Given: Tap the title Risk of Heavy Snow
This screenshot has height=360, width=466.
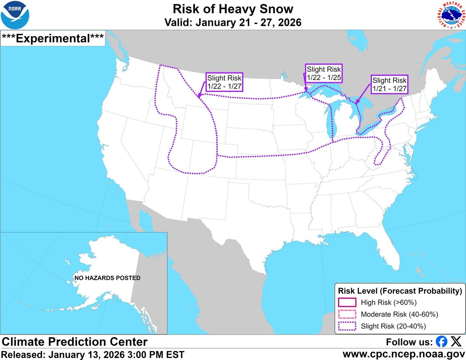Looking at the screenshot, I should (233, 9).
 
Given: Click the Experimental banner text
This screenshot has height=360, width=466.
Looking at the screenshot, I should (53, 38).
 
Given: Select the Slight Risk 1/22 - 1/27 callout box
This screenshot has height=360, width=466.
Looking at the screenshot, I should (224, 81).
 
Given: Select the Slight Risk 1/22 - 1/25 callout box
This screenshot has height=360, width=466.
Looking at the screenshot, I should (323, 73).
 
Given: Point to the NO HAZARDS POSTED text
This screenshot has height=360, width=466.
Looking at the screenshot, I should (108, 278).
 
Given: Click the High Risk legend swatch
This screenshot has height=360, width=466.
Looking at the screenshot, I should (347, 302).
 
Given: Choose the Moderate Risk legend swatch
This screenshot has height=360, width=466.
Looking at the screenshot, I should (347, 314).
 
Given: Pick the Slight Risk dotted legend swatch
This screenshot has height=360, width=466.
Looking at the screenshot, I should (347, 326).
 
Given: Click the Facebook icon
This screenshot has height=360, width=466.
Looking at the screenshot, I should (441, 342).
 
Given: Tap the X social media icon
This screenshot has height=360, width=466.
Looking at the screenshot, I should (455, 342).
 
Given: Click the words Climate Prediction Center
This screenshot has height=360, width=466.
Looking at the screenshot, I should (75, 342).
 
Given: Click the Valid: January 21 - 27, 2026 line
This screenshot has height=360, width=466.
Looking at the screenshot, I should (233, 22).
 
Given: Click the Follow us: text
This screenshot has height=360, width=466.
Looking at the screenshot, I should (409, 342).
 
